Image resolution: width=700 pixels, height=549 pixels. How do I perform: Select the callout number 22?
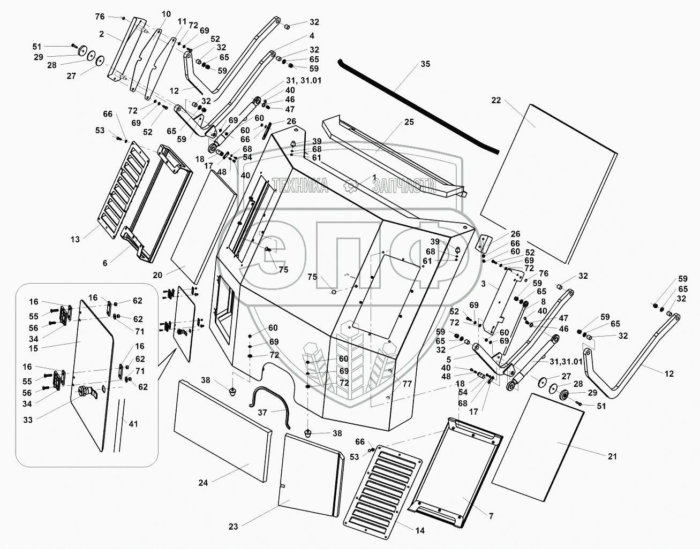(x=496, y=100)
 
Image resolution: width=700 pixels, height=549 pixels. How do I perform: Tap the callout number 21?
(x=613, y=456)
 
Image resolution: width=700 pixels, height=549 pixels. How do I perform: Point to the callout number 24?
(x=202, y=483)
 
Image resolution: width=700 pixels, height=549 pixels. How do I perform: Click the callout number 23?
(x=233, y=527)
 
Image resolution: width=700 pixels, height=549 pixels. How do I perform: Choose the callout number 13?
(x=75, y=239)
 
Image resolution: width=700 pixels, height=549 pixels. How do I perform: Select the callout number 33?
(x=28, y=420)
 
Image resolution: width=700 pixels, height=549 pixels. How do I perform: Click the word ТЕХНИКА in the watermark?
(x=300, y=186)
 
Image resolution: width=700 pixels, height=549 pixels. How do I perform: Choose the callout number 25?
(x=409, y=123)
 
